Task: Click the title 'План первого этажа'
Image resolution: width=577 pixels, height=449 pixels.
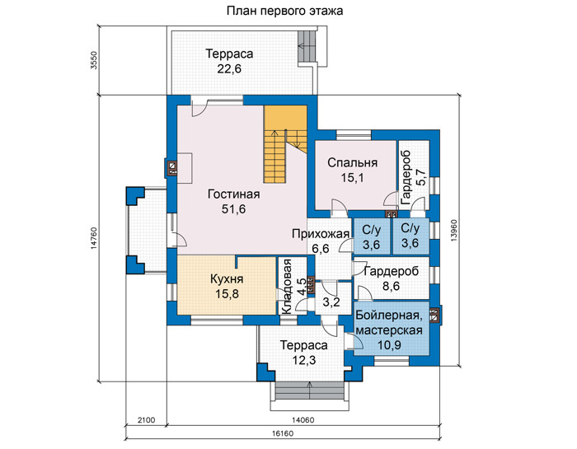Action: pyautogui.click(x=284, y=11)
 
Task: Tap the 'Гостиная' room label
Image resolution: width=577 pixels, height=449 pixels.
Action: pyautogui.click(x=233, y=194)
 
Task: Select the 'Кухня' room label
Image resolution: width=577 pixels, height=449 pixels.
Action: pyautogui.click(x=227, y=279)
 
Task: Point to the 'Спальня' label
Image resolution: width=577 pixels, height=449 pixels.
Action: pyautogui.click(x=353, y=162)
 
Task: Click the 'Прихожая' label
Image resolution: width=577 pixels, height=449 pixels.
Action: pyautogui.click(x=321, y=234)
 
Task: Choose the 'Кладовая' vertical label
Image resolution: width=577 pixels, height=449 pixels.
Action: pyautogui.click(x=286, y=287)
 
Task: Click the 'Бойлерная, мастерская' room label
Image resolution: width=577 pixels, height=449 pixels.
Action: pyautogui.click(x=389, y=322)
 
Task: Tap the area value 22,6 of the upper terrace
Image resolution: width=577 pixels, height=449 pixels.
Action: pyautogui.click(x=229, y=68)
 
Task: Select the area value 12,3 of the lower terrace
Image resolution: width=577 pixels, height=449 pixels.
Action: pyautogui.click(x=304, y=360)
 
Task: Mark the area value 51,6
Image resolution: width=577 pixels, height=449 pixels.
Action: pyautogui.click(x=233, y=209)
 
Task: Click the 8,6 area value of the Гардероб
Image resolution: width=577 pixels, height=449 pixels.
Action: pyautogui.click(x=392, y=286)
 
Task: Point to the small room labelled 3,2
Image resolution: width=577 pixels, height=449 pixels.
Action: pyautogui.click(x=331, y=302)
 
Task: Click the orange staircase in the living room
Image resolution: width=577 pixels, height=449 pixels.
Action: pyautogui.click(x=285, y=144)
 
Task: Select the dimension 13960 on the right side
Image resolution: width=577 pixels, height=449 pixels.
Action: pyautogui.click(x=453, y=231)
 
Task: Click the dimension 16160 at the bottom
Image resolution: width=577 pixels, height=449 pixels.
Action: pyautogui.click(x=283, y=433)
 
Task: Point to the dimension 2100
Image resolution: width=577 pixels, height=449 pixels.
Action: pyautogui.click(x=146, y=420)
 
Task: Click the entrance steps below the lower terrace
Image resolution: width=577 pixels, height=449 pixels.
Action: pyautogui.click(x=310, y=391)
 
